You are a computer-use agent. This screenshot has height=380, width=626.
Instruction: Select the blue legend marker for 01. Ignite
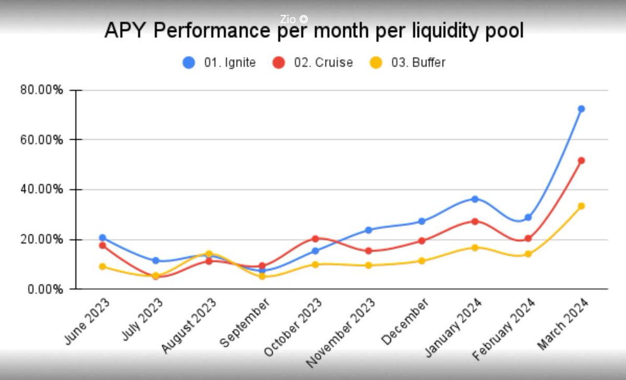[x=188, y=63]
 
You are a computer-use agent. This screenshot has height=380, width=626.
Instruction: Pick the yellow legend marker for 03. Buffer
[x=376, y=63]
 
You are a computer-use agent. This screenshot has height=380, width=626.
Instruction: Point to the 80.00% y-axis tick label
[x=42, y=90]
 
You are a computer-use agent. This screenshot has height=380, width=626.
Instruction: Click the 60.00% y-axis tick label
[x=42, y=140]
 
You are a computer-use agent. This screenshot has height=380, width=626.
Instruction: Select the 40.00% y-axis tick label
[x=42, y=189]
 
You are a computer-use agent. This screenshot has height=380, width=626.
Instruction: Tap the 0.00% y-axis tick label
[x=44, y=289]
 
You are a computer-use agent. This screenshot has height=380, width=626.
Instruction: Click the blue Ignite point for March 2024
[x=581, y=109]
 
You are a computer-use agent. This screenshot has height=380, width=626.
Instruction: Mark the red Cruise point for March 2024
[x=581, y=160]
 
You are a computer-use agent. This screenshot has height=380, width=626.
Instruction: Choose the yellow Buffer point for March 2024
[x=581, y=206]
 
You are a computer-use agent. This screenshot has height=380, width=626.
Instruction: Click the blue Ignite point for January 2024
[x=475, y=199]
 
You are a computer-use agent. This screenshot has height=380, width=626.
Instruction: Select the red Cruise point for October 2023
[x=315, y=239]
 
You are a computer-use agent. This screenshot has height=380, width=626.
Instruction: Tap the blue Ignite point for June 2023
[x=102, y=238]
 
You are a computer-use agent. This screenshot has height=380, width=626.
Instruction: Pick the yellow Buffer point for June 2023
[x=102, y=266]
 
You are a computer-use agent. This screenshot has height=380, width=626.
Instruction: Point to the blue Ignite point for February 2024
[x=528, y=217]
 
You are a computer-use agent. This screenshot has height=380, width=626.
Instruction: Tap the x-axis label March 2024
[x=564, y=324]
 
